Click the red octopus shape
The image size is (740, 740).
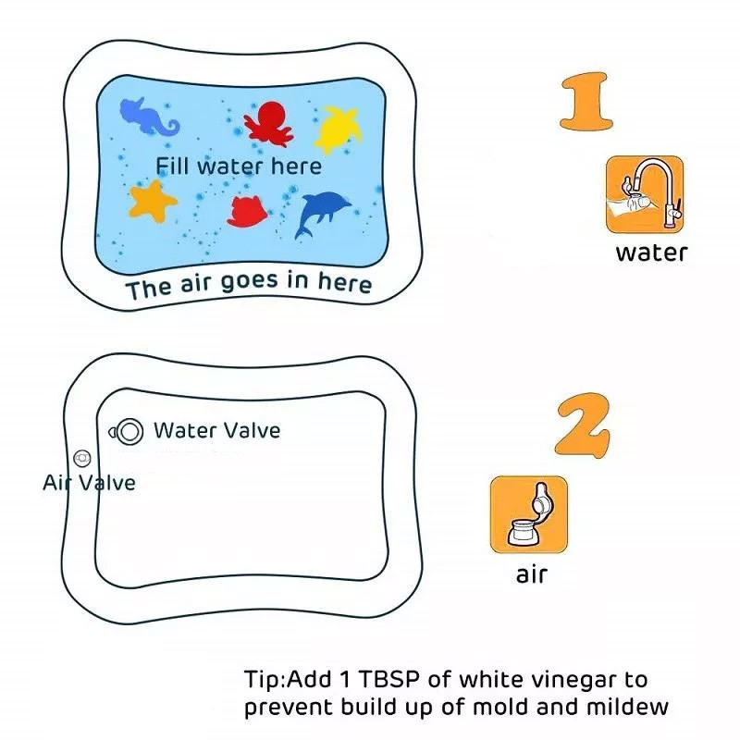(268, 124)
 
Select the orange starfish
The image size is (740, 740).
(153, 201)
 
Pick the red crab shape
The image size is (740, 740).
(247, 212)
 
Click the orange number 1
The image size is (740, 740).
(586, 101)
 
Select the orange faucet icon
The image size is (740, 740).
(645, 194)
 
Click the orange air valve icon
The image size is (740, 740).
(529, 514)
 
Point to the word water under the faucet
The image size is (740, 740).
(651, 253)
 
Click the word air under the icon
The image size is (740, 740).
(532, 574)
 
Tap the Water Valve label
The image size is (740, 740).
(217, 430)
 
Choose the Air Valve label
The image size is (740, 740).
(89, 482)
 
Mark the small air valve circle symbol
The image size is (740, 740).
(82, 457)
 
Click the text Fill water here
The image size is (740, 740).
(239, 166)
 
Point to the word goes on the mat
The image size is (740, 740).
(249, 282)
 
